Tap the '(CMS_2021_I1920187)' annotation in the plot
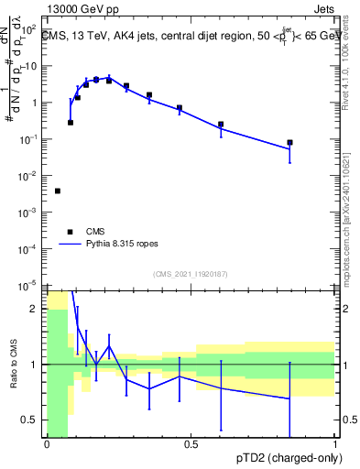191,273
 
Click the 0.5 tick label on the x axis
191,445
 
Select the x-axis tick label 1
335,445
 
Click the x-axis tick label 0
47,445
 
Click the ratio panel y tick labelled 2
38,309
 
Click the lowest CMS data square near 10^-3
58,191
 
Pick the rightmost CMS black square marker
289,143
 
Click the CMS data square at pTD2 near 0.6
221,125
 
